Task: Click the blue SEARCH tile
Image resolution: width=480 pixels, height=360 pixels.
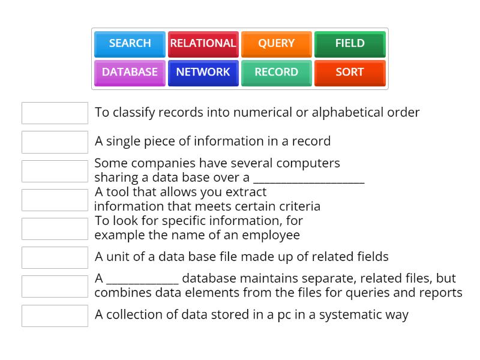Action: click(x=130, y=43)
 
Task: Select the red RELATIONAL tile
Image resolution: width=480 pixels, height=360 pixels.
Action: click(x=203, y=43)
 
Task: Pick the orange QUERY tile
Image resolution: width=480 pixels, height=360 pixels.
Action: click(x=276, y=43)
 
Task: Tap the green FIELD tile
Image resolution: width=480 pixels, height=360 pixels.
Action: click(x=350, y=43)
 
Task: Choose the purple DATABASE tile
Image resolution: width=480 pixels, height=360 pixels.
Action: click(x=130, y=72)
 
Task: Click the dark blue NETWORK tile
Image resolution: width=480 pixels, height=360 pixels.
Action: click(x=203, y=72)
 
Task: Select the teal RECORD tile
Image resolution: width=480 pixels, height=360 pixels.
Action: click(x=276, y=72)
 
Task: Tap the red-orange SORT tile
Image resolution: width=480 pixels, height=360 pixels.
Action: click(x=350, y=72)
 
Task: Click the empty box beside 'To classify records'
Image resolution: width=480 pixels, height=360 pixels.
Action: click(x=55, y=113)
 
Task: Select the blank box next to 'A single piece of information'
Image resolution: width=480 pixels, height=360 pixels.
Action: click(x=55, y=142)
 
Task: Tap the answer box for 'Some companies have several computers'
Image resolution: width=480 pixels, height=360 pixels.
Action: click(x=55, y=171)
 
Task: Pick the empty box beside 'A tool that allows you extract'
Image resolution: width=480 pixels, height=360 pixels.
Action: click(x=55, y=200)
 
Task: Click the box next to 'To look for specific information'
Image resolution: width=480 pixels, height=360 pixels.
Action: click(x=55, y=229)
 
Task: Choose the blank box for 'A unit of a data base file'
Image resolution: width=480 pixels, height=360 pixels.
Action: click(x=55, y=257)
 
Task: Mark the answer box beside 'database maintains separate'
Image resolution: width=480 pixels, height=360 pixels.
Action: click(x=55, y=286)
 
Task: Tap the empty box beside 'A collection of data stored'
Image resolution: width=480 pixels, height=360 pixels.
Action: click(x=55, y=316)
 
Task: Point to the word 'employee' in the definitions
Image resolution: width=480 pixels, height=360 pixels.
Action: click(x=274, y=235)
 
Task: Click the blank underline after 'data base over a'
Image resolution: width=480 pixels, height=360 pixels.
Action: click(x=308, y=178)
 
